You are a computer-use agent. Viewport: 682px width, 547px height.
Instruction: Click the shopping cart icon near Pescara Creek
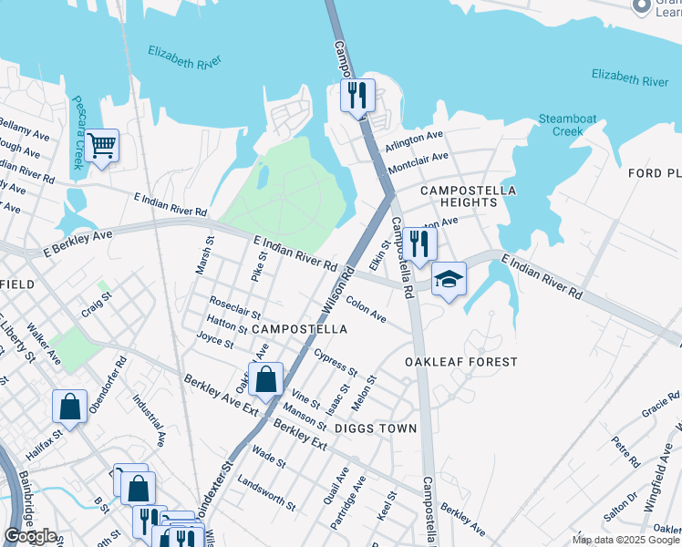pos(102,146)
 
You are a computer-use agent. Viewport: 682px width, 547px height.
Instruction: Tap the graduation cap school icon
pos(448,279)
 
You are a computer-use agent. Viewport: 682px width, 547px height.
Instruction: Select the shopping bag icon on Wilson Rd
pos(265,379)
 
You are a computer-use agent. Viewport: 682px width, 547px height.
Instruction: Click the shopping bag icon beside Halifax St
pos(69,408)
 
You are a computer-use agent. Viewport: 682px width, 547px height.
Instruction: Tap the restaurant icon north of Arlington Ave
pos(357,96)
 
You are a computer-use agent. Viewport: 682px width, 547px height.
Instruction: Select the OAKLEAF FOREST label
pos(461,362)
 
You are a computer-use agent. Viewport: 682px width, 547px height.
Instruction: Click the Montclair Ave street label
pos(418,163)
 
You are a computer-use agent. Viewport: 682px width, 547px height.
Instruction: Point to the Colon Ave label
pos(366,312)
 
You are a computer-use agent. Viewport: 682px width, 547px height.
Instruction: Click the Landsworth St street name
pos(265,493)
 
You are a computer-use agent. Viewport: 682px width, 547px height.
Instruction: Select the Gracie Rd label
pos(660,404)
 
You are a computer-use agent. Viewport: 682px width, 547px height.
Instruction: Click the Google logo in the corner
pos(30,536)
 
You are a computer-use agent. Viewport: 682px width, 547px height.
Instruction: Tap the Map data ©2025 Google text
pos(625,540)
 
